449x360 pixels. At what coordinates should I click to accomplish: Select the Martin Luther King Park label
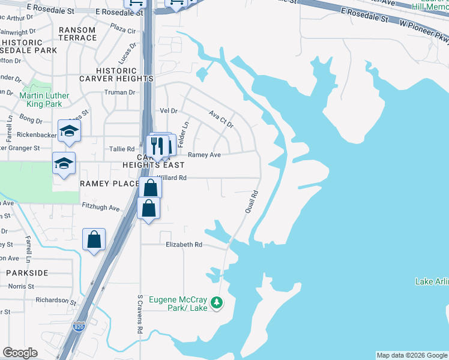point(44,100)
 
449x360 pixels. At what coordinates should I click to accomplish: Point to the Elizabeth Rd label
point(184,245)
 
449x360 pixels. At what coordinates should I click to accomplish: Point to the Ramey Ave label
point(204,155)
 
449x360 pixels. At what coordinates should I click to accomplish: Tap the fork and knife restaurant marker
point(157,146)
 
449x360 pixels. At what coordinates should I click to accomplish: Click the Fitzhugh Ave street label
point(101,208)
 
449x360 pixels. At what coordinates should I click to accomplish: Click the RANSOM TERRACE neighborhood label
point(77,34)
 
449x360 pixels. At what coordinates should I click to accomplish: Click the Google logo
point(20,353)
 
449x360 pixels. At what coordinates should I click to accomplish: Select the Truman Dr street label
point(120,92)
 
